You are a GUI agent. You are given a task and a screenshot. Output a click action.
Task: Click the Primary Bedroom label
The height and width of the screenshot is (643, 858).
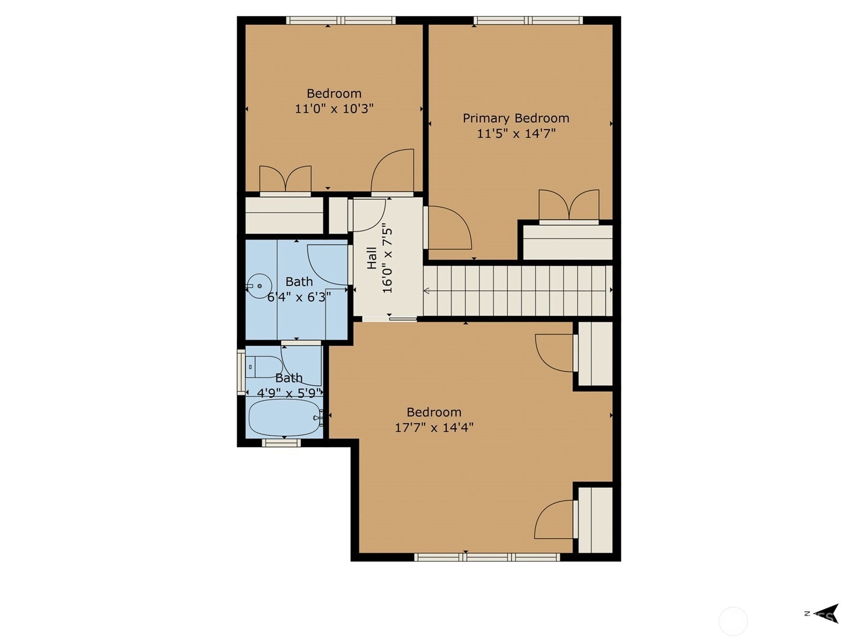click(515, 118)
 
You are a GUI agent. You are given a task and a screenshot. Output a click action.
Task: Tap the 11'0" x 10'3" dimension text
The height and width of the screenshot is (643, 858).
click(334, 109)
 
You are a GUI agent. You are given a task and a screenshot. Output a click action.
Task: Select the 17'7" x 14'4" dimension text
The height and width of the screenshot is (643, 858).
click(434, 428)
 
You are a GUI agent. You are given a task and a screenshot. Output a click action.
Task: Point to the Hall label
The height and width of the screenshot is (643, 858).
click(372, 258)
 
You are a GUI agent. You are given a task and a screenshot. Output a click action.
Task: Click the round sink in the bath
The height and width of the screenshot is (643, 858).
click(259, 286)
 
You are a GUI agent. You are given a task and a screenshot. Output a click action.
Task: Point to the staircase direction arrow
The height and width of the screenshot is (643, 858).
click(426, 290)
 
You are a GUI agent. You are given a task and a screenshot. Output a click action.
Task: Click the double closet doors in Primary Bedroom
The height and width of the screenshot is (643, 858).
click(569, 207)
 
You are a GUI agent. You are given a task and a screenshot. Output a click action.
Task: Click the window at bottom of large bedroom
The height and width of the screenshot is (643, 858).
click(487, 557)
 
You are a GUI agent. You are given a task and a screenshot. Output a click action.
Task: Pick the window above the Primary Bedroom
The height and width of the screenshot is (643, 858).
click(528, 20)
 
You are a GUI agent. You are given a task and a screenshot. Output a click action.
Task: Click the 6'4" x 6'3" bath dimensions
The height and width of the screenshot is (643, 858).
click(299, 297)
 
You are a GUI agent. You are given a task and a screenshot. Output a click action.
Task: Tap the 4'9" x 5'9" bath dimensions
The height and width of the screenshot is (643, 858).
click(289, 393)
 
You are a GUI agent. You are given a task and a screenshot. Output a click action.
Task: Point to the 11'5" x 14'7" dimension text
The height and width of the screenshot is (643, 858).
click(516, 134)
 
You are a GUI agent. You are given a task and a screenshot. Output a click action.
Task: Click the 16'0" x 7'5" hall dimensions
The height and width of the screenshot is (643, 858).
click(387, 258)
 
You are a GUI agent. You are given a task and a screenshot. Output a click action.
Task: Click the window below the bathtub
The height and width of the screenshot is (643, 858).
click(281, 443)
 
